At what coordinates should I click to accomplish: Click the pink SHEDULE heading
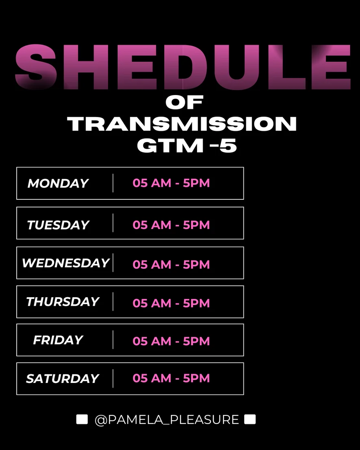pyautogui.click(x=183, y=67)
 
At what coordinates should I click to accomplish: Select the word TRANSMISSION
pyautogui.click(x=182, y=124)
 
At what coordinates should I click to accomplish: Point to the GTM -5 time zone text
pyautogui.click(x=187, y=146)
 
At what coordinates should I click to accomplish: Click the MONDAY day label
pyautogui.click(x=58, y=184)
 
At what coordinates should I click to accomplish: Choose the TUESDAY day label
pyautogui.click(x=58, y=225)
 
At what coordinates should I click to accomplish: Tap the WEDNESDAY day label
pyautogui.click(x=66, y=263)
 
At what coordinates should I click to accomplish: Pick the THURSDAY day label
pyautogui.click(x=63, y=302)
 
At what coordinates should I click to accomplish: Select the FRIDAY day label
pyautogui.click(x=58, y=340)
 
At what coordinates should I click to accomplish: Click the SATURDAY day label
pyautogui.click(x=62, y=379)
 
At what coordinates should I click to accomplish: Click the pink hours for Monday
pyautogui.click(x=171, y=183)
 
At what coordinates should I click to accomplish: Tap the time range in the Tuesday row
pyautogui.click(x=171, y=225)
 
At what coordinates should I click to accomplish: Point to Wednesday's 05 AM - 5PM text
pyautogui.click(x=171, y=265)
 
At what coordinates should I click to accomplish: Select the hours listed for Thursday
pyautogui.click(x=171, y=303)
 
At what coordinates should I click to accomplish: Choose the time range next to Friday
pyautogui.click(x=171, y=341)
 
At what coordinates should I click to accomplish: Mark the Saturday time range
pyautogui.click(x=171, y=378)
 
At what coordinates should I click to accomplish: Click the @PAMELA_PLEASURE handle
pyautogui.click(x=167, y=420)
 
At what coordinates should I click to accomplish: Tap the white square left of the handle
pyautogui.click(x=82, y=419)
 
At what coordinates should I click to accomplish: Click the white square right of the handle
pyautogui.click(x=250, y=419)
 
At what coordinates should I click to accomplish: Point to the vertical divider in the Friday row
pyautogui.click(x=113, y=340)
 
